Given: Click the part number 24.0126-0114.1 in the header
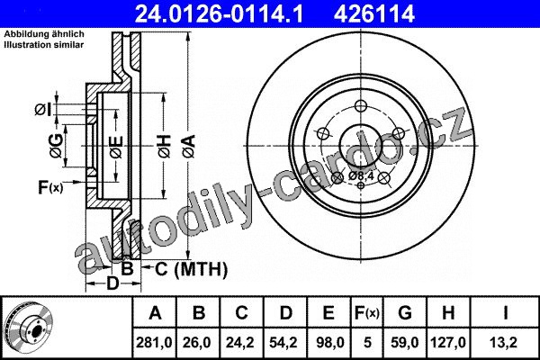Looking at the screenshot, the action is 219,13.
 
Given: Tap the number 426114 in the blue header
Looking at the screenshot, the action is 373,13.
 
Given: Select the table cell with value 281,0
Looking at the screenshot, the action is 154,342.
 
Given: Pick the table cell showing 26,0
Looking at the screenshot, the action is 198,342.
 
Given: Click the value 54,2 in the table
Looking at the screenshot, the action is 284,342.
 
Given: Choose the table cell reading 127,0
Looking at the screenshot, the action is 447,342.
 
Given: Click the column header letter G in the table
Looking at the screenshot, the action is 405,313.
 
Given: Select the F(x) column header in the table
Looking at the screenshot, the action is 367,313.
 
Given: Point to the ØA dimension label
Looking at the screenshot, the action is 189,147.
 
